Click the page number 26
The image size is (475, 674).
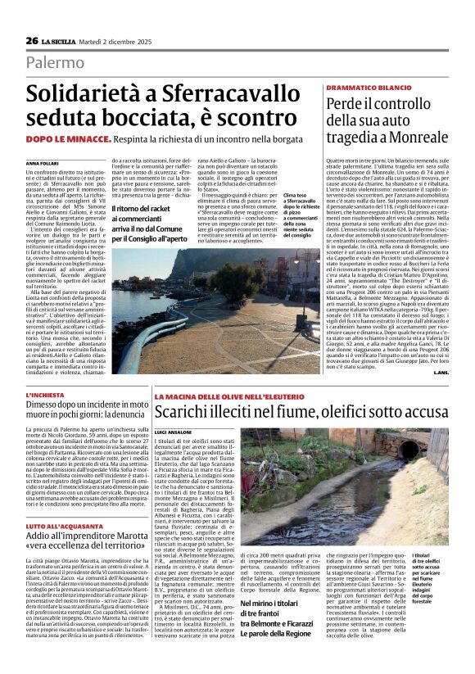pos(32,40)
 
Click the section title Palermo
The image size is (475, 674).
pos(55,62)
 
